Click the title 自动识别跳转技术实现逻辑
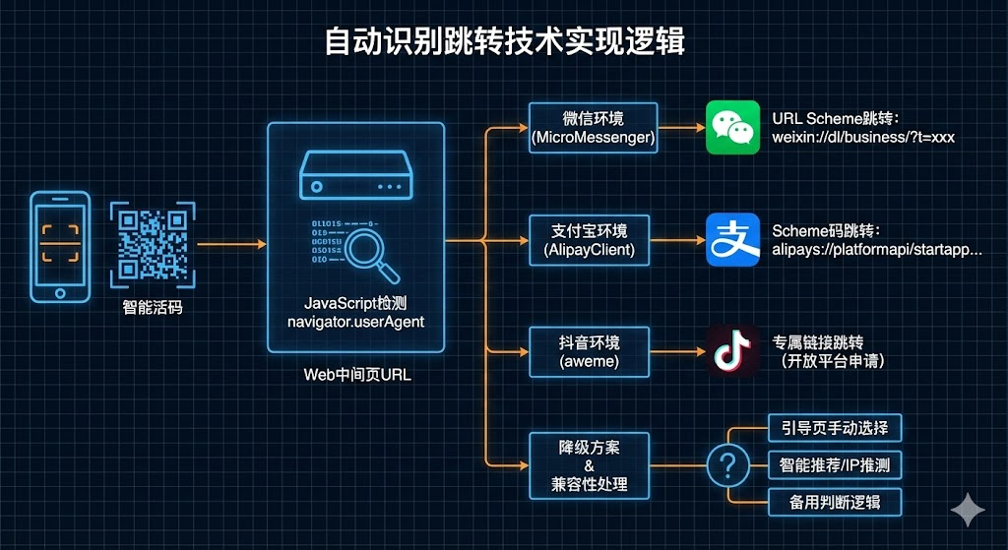click(x=504, y=41)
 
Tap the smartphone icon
click(x=60, y=246)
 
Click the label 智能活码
click(x=153, y=308)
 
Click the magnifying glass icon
click(x=371, y=250)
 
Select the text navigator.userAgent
click(x=355, y=322)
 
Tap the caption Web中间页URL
click(x=355, y=374)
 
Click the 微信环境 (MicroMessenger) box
click(x=593, y=127)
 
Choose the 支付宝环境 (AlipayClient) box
click(x=593, y=240)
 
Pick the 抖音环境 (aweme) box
click(x=593, y=352)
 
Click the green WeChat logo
click(x=733, y=127)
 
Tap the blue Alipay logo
click(x=733, y=240)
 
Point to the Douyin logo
click(x=733, y=352)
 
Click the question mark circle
click(x=728, y=464)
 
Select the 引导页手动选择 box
click(x=834, y=428)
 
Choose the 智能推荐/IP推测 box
click(x=834, y=464)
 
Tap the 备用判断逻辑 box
click(x=834, y=502)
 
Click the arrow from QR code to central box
click(x=231, y=243)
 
